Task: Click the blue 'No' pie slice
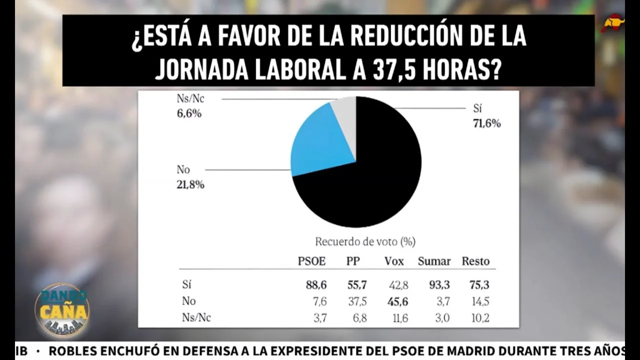point(320,142)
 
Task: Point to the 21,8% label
point(190,185)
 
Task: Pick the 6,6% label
point(189,114)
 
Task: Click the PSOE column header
point(311,261)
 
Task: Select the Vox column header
point(394,261)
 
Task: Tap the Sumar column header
point(434,261)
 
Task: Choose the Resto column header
point(475,261)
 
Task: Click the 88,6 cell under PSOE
point(316,285)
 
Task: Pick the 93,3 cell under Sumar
point(439,285)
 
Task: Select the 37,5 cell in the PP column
point(357,301)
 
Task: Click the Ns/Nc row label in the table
point(196,318)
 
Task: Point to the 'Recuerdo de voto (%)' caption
point(365,242)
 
